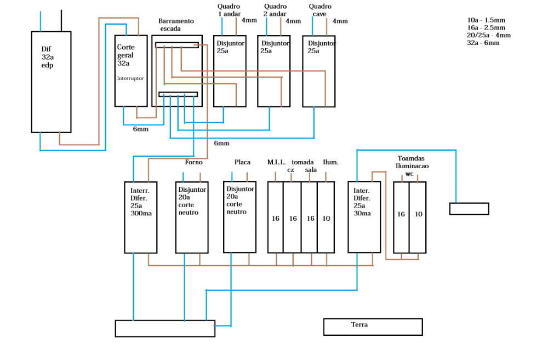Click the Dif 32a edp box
[51, 82]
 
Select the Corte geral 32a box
[130, 71]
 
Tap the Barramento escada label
[176, 25]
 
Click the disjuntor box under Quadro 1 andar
[230, 71]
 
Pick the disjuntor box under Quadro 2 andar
[274, 71]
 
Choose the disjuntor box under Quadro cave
[319, 71]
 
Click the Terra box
[373, 327]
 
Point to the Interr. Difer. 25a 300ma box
[140, 217]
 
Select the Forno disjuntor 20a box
[192, 217]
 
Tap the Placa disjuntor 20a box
[239, 217]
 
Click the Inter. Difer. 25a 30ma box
[364, 217]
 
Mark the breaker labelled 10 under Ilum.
[326, 217]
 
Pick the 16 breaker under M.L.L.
[275, 217]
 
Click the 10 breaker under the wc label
[418, 217]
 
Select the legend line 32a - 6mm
[483, 43]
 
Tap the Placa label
[242, 162]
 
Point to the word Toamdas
[411, 158]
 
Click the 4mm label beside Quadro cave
[340, 21]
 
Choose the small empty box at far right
[469, 209]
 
